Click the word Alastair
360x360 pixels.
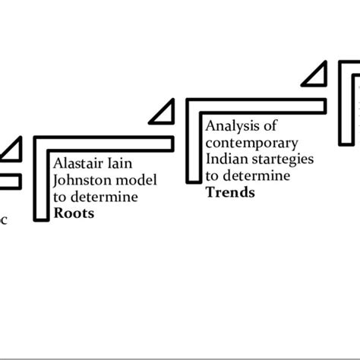(80, 164)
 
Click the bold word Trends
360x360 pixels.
(230, 193)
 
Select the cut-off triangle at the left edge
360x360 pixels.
(11, 150)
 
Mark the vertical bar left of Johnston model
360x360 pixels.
(40, 182)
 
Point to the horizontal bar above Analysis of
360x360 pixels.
(258, 105)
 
